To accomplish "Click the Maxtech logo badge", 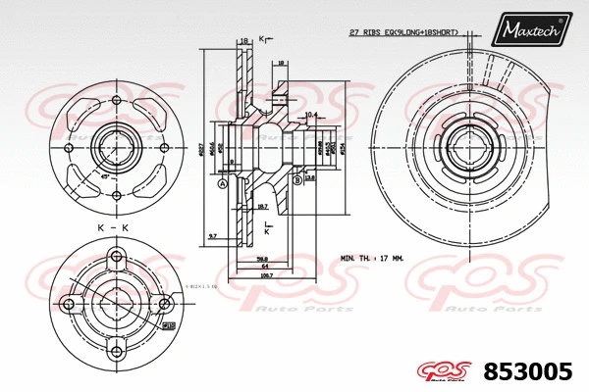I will [x=531, y=31].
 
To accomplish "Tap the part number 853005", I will [x=529, y=371].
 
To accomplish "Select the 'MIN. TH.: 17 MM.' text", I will [x=374, y=258].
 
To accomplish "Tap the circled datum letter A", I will [x=223, y=183].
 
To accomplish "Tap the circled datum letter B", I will [x=296, y=179].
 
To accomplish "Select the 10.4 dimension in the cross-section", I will [x=311, y=115].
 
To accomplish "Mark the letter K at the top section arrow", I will [x=263, y=40].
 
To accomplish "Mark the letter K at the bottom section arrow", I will [x=266, y=226].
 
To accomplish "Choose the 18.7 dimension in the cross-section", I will [x=262, y=208].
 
